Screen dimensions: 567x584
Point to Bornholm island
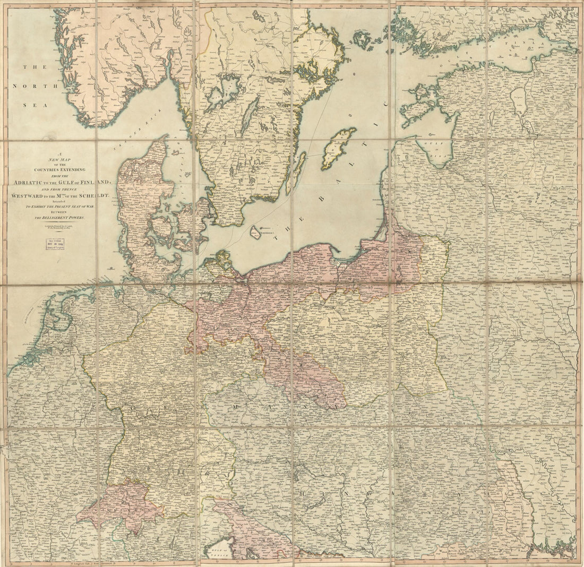click(x=256, y=232)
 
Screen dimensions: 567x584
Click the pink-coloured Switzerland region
click(x=122, y=504)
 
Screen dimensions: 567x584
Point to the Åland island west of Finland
click(x=363, y=39)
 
